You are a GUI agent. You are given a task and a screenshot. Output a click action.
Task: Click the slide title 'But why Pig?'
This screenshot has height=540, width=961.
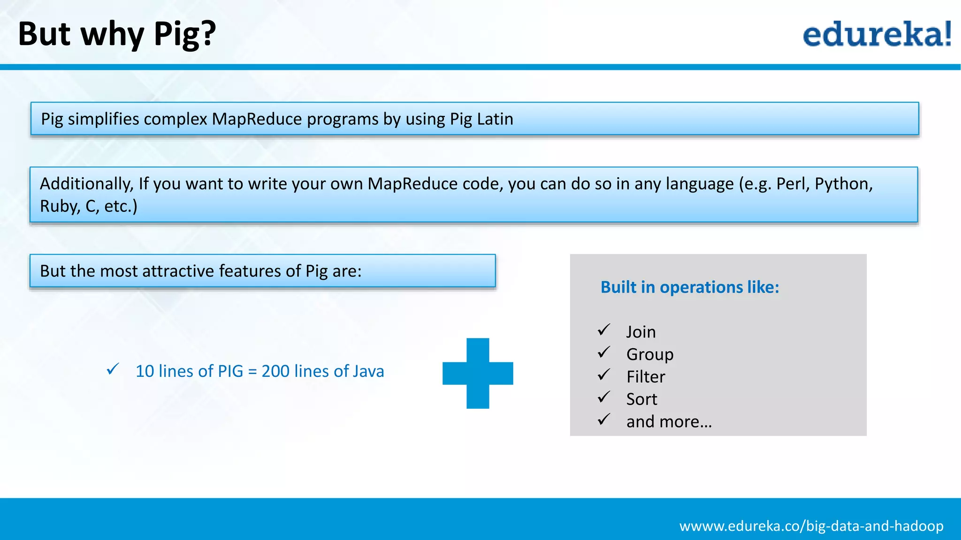[117, 34]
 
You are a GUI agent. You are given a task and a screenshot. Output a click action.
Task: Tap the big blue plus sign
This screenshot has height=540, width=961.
[478, 373]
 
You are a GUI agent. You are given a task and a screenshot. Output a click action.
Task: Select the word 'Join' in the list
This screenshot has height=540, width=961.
[641, 332]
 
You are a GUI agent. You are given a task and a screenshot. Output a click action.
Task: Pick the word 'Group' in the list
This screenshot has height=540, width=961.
[649, 354]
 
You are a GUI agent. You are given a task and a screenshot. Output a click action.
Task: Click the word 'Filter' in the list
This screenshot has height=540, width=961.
[646, 377]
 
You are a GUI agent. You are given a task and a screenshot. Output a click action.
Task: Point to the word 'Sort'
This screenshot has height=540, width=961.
[641, 399]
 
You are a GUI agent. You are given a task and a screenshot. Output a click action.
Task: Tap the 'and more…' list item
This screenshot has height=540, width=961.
[669, 422]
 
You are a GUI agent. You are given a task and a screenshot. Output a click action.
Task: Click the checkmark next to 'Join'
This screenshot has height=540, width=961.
[604, 330]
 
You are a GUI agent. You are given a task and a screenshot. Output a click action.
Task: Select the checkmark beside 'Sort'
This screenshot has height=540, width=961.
[604, 397]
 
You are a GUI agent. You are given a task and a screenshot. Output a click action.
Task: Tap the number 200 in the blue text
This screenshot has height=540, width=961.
[275, 371]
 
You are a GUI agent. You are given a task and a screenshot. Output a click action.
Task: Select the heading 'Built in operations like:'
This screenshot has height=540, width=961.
[690, 287]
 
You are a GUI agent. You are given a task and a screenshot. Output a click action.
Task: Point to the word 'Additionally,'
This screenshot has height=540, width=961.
[87, 184]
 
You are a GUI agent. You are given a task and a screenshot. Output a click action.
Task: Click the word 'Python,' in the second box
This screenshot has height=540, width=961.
[843, 184]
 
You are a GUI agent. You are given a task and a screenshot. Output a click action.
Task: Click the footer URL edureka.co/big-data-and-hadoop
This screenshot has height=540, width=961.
[811, 526]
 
